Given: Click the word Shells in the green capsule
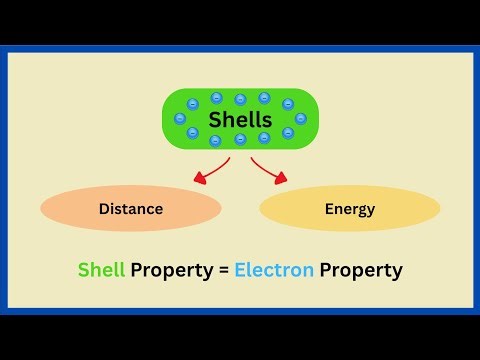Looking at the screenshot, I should (x=240, y=119).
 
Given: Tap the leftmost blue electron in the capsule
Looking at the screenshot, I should (x=180, y=118).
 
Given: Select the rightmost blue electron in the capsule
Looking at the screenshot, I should (x=300, y=118).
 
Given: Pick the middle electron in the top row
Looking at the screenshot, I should (x=240, y=99).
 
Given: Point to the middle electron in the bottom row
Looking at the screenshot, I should (x=240, y=139).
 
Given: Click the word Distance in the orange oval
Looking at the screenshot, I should (x=131, y=209).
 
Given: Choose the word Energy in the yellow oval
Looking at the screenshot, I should (x=349, y=209).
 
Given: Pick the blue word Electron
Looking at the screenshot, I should (x=274, y=270).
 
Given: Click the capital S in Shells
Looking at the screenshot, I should (x=215, y=119).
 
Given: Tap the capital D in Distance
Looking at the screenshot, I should (x=103, y=209).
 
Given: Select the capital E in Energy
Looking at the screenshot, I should (x=329, y=209).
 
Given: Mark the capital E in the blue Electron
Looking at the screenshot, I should (x=240, y=270).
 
